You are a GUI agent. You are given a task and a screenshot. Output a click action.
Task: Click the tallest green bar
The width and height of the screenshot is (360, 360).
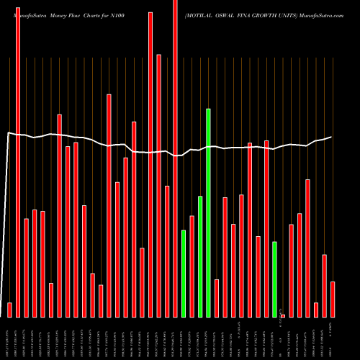[x=208, y=212]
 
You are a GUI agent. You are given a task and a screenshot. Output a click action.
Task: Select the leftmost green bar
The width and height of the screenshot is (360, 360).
[x=184, y=274]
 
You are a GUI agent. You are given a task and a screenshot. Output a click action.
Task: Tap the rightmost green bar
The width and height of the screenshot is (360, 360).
[x=274, y=279]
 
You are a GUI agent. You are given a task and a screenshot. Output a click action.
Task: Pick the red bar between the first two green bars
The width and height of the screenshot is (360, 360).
[x=192, y=266]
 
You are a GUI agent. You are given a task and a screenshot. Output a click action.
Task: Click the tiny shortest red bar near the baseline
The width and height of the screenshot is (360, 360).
[x=283, y=315]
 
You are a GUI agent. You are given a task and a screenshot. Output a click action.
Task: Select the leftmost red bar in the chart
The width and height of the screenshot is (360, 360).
[x=9, y=310]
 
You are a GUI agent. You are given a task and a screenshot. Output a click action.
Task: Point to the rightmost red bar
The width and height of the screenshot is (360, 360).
[x=333, y=299]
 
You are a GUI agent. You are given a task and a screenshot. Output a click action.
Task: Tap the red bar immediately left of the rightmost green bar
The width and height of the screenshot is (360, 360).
[x=266, y=228]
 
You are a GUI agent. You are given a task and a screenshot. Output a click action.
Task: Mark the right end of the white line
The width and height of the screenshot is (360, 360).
[x=331, y=137]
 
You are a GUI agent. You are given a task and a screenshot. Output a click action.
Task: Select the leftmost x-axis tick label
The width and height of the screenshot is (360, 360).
[x=9, y=338]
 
